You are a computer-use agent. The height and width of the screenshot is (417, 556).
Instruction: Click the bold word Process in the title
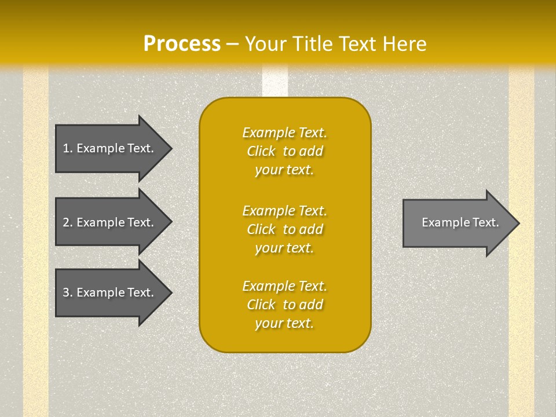click(x=182, y=44)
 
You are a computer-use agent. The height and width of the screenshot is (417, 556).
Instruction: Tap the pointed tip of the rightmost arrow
click(x=518, y=223)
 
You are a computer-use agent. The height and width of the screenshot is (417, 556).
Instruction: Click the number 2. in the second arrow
click(x=68, y=222)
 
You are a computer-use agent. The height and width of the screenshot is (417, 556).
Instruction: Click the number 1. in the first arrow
click(x=68, y=148)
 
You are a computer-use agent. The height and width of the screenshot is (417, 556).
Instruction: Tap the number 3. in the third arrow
click(x=68, y=292)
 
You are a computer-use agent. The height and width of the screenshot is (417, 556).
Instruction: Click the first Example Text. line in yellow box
click(x=284, y=133)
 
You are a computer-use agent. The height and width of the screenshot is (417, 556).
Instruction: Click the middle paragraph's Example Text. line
click(x=284, y=210)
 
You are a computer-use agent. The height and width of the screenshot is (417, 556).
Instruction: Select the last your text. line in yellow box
click(x=284, y=323)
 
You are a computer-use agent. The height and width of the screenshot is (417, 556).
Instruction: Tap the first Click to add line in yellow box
click(x=284, y=151)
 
